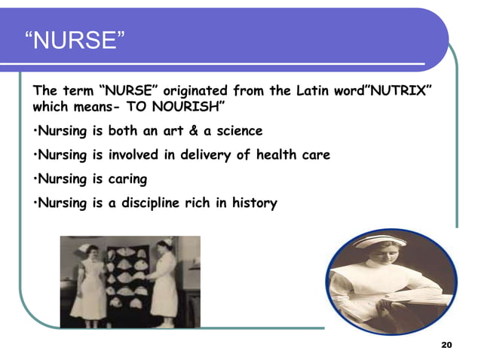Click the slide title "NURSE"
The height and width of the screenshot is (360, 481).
(75, 39)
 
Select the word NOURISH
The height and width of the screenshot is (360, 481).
(189, 107)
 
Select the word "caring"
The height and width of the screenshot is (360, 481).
(125, 179)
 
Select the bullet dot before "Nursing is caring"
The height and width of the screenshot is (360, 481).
(35, 180)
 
